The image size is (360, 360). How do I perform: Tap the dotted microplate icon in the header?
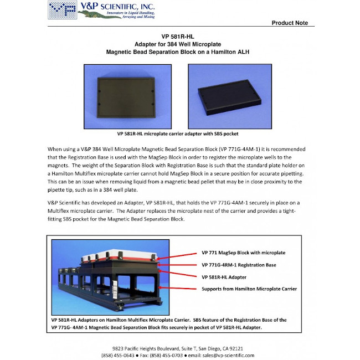tap(62, 9)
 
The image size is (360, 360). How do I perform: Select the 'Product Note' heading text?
tap(290, 23)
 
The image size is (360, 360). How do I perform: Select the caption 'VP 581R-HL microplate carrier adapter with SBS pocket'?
tap(179, 133)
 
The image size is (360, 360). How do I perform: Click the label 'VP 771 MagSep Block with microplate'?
tap(244, 253)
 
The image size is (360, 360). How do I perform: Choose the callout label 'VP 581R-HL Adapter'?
tap(224, 276)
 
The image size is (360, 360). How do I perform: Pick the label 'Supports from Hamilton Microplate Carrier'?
tap(249, 289)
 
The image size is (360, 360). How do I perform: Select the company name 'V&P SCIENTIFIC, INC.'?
tap(116, 6)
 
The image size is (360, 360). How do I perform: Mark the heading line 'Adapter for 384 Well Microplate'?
tap(179, 44)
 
